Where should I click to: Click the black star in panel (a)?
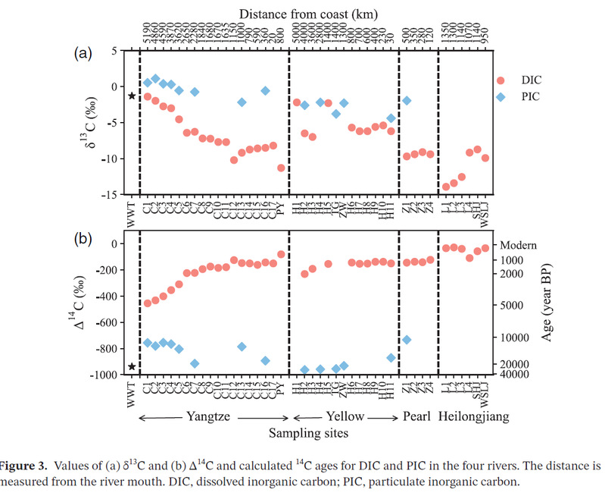[132, 96]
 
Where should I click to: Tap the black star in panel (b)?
[132, 366]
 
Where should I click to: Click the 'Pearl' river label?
[416, 416]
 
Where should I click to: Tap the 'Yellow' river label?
[346, 416]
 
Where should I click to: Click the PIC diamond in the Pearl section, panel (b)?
[407, 339]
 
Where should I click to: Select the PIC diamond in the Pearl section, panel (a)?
[407, 100]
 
